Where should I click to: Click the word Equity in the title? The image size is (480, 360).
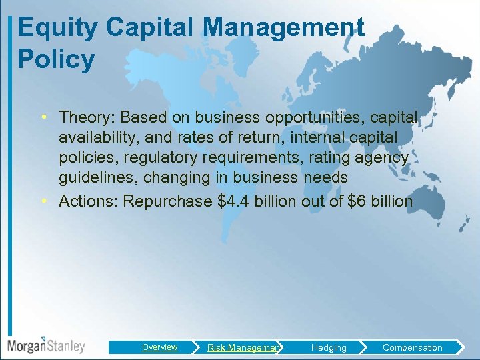(57, 28)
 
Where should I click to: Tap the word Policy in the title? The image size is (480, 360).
(56, 60)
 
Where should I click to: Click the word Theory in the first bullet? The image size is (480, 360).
(85, 117)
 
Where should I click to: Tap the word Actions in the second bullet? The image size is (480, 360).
(86, 201)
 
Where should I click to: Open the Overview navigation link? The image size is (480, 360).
(159, 347)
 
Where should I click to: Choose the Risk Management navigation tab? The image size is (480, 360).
(243, 347)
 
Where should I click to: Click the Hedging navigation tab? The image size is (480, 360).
(329, 347)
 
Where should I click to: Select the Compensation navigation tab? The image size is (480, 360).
(412, 347)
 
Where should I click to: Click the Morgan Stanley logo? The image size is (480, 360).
(46, 345)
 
